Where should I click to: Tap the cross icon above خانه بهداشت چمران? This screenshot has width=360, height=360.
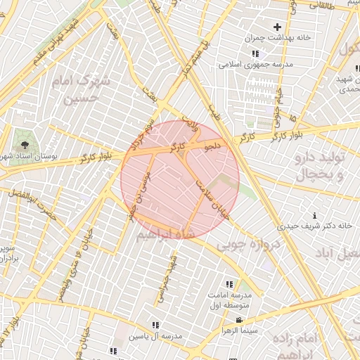[277, 27]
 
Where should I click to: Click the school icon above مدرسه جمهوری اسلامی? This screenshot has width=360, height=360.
[255, 53]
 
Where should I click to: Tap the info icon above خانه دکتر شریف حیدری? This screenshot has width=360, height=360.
[314, 214]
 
